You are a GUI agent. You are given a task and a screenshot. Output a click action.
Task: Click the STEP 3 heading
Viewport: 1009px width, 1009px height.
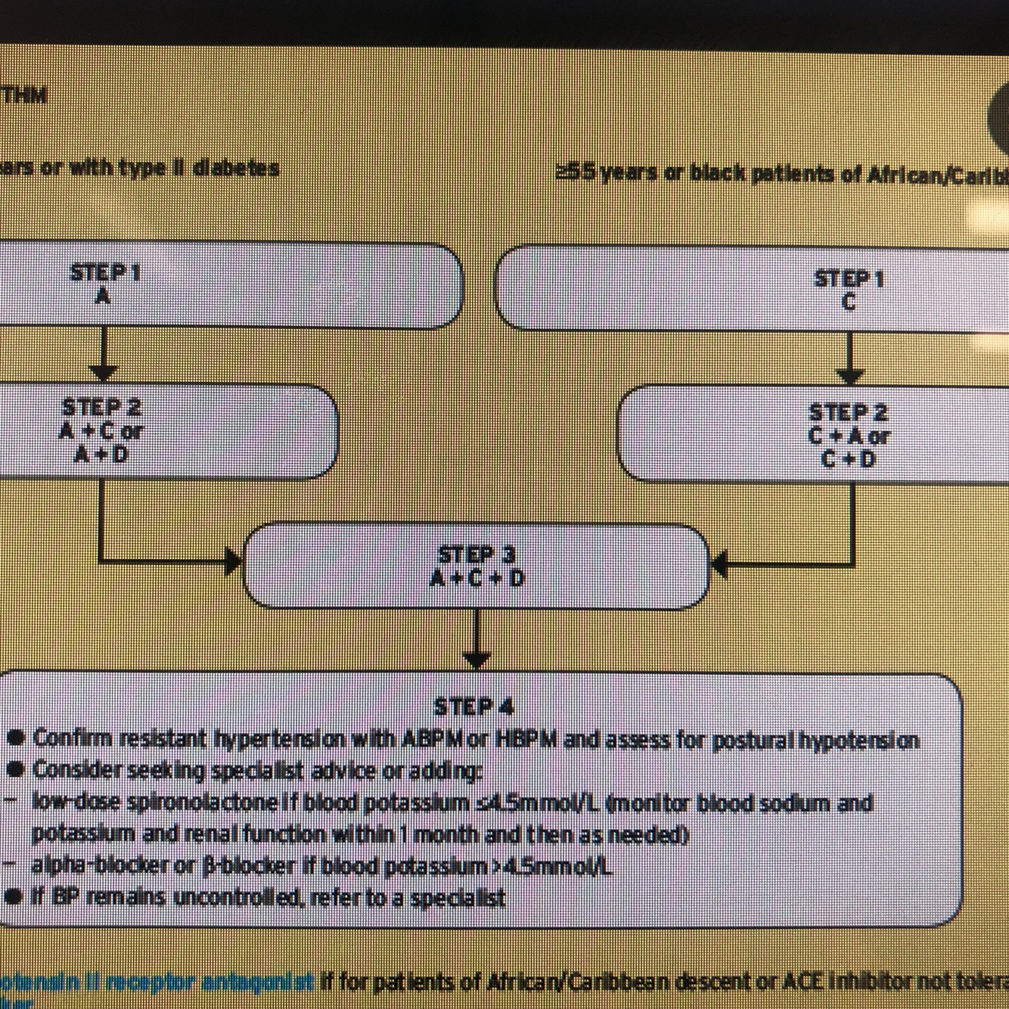477,554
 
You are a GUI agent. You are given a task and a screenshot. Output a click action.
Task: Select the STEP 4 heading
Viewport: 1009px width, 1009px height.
474,707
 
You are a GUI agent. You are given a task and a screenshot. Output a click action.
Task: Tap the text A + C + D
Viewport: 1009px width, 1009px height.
477,579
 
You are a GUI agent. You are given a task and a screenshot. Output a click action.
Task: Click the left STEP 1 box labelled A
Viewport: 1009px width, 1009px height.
227,286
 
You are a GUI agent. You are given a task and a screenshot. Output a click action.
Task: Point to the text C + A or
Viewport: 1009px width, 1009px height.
849,436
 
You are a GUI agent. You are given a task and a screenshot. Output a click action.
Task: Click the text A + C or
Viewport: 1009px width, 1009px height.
102,431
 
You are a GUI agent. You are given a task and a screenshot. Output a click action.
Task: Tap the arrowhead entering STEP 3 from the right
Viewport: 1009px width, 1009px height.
719,563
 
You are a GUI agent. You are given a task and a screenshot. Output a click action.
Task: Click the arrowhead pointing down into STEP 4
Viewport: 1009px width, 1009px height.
476,660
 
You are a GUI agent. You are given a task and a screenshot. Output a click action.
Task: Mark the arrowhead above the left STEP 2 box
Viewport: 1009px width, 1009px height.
104,372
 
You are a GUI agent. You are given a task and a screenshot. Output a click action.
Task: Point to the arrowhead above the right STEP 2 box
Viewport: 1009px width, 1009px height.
852,375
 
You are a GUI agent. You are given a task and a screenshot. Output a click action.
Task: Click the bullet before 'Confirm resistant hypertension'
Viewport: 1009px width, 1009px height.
18,737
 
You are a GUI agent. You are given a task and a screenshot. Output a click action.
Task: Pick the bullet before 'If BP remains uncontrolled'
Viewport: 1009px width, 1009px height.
18,899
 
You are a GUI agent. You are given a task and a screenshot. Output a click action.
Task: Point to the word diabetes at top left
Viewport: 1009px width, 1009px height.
236,168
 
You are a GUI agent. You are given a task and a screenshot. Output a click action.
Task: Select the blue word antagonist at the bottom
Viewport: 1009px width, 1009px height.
269,983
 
